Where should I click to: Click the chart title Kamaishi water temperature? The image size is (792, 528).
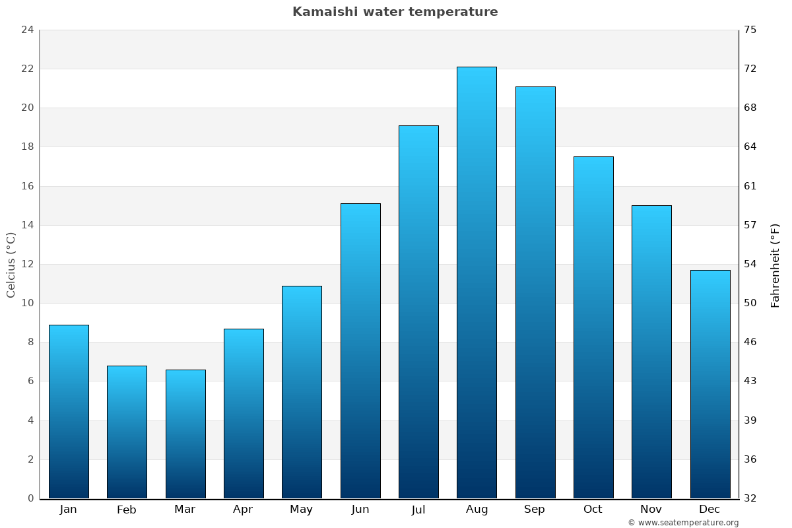(x=395, y=12)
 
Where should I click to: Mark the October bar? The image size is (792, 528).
(x=593, y=327)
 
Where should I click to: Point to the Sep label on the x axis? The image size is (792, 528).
(x=535, y=510)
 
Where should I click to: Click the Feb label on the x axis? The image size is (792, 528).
(x=127, y=510)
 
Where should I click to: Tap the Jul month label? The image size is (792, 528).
(x=418, y=510)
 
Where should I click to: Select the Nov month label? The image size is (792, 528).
(x=651, y=510)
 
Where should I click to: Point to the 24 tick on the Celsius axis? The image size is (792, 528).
(x=27, y=30)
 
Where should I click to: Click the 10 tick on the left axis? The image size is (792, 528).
(x=27, y=303)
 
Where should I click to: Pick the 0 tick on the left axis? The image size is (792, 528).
(x=30, y=498)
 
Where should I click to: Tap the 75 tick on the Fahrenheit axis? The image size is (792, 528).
(x=750, y=30)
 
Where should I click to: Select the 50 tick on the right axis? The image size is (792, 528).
(x=750, y=303)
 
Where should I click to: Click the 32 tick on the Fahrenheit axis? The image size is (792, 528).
(x=750, y=498)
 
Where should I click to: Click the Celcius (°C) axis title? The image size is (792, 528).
(x=11, y=265)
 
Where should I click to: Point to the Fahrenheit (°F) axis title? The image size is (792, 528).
(x=775, y=265)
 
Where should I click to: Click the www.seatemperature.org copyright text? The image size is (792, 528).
(x=683, y=523)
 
